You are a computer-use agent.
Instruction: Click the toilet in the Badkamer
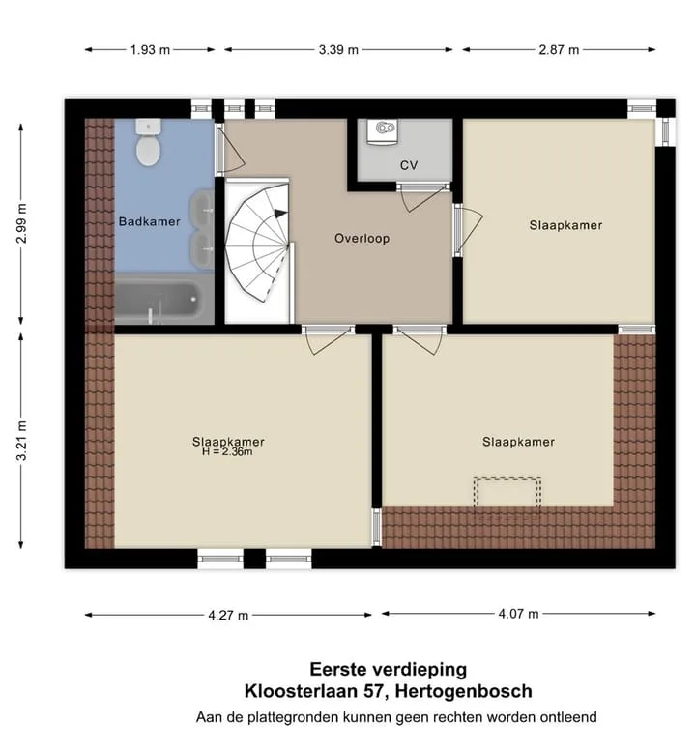[x=148, y=142]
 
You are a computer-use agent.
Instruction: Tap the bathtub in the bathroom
[x=158, y=300]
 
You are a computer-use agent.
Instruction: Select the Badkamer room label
[x=150, y=221]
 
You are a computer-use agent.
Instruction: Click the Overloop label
[x=362, y=238]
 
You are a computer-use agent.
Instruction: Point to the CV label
[x=409, y=165]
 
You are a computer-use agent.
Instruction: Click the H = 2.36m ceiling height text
[x=227, y=451]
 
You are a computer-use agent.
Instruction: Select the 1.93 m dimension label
[x=150, y=49]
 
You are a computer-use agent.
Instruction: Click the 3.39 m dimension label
[x=338, y=49]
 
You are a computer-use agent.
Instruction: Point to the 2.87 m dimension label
[x=559, y=49]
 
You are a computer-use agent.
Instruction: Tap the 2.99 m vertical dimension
[x=21, y=223]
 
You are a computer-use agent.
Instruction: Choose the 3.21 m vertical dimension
[x=21, y=441]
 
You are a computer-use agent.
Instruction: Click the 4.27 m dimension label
[x=228, y=615]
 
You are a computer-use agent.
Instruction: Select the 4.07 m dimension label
[x=518, y=613]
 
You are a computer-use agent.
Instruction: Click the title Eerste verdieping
[x=389, y=669]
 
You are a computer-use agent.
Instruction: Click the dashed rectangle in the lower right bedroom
[x=507, y=477]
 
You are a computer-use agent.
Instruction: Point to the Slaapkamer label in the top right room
[x=565, y=225]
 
